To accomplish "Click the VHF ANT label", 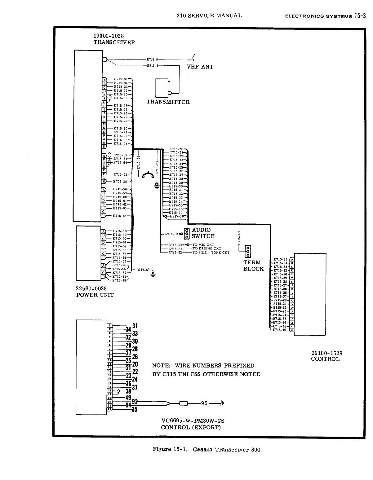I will click(x=200, y=67).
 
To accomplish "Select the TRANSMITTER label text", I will click(x=168, y=102).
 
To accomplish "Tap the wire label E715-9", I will click(x=152, y=59).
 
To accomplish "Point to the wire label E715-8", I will click(x=152, y=66).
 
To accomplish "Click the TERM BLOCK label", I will click(x=253, y=266).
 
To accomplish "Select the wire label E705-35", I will click(x=120, y=182).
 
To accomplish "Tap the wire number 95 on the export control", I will click(x=204, y=403).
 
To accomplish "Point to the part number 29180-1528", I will click(x=327, y=353).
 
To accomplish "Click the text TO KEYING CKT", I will click(x=207, y=249).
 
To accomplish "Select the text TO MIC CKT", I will click(x=203, y=245).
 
